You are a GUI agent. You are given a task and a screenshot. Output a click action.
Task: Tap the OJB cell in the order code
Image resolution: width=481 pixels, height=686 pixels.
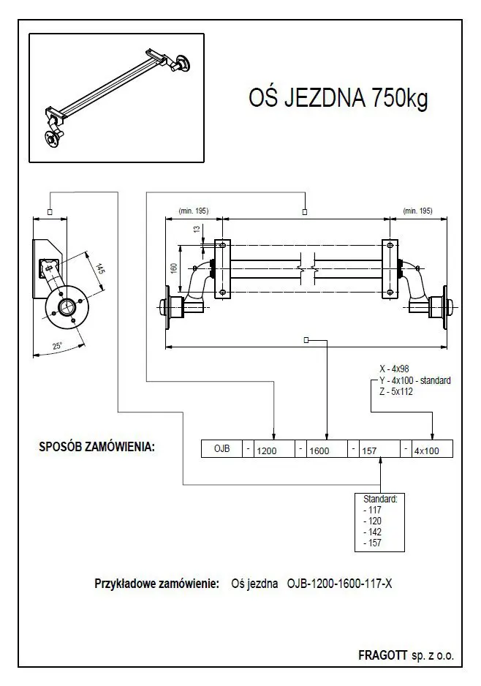tap(221, 449)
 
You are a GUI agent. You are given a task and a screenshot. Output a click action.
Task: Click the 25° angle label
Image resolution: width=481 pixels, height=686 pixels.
tap(57, 347)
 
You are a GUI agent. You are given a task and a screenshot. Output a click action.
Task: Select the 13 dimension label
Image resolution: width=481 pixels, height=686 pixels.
tap(196, 229)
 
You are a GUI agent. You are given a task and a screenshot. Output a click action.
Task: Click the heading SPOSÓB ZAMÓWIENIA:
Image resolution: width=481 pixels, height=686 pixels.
tap(96, 446)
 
